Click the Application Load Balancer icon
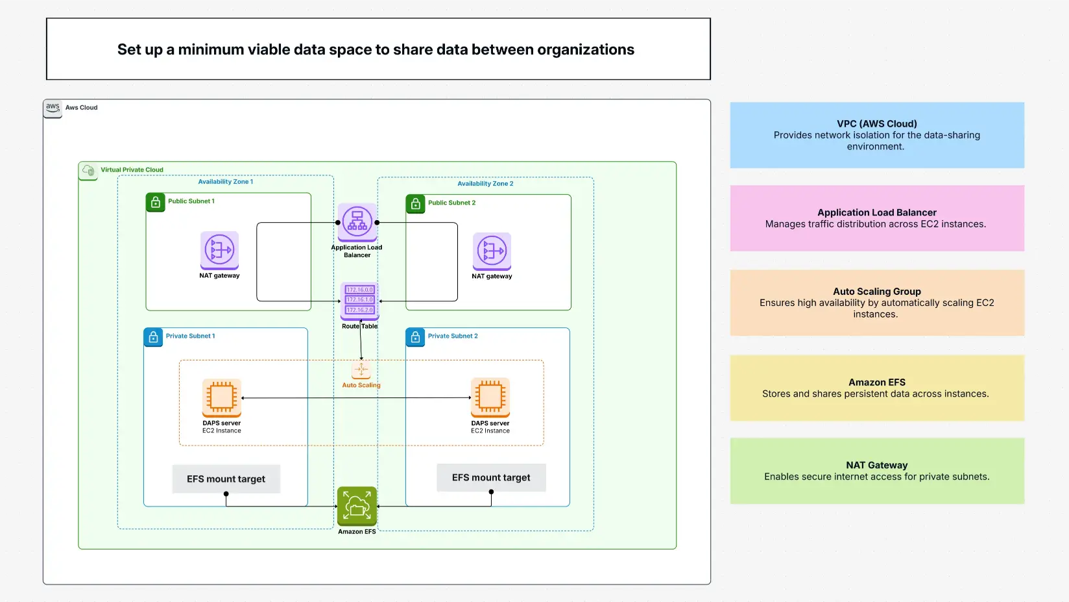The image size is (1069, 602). (x=357, y=222)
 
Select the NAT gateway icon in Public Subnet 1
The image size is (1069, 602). (x=219, y=250)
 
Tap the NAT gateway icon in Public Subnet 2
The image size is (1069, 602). (x=492, y=251)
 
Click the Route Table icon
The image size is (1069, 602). (x=359, y=301)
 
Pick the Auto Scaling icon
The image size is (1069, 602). (x=361, y=370)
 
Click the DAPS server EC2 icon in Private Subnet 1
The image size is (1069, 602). (x=222, y=397)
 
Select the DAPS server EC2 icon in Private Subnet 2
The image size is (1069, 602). (x=490, y=397)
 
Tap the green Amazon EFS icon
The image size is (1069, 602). (x=357, y=506)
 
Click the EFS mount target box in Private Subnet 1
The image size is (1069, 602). (x=226, y=479)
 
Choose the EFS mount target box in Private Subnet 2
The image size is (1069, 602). (x=491, y=477)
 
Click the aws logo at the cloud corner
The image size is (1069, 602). (x=53, y=108)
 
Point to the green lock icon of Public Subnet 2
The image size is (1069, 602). (x=415, y=203)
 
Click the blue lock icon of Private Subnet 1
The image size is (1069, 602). (x=153, y=337)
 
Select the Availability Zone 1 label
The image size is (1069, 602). (x=226, y=182)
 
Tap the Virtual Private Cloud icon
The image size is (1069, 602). (x=88, y=171)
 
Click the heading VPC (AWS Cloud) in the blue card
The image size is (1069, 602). (x=876, y=123)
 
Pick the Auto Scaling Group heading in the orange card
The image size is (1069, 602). (x=876, y=292)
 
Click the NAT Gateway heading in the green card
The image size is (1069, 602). (x=876, y=465)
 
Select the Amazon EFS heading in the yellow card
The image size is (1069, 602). (x=876, y=383)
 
